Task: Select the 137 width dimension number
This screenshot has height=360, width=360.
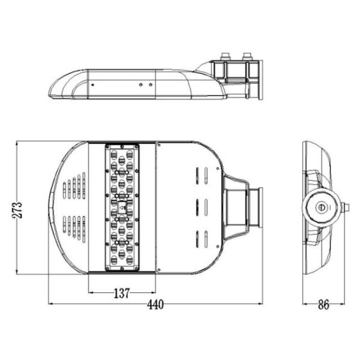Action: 122,293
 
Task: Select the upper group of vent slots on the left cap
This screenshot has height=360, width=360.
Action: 74,187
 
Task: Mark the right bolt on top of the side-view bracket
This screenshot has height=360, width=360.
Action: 246,58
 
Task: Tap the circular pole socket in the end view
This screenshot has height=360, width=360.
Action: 319,208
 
